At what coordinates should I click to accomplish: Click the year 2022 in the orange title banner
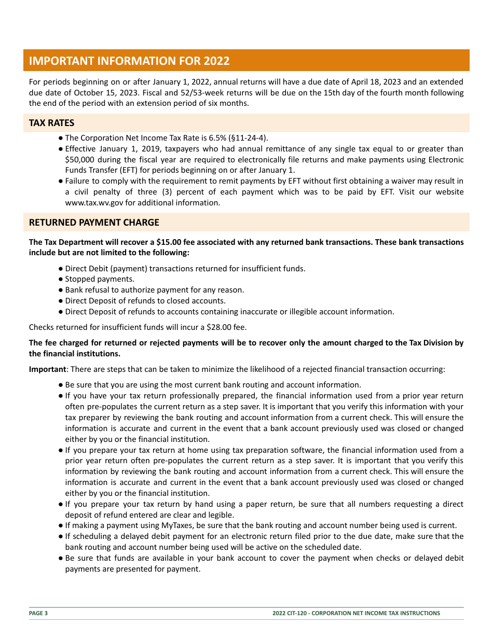coord(216,61)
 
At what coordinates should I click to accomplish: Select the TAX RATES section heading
coord(51,123)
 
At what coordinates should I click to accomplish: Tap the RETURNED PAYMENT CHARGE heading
coord(94,223)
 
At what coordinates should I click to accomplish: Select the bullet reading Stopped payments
coord(100,279)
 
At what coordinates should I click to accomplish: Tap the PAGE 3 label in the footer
coord(38,613)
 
